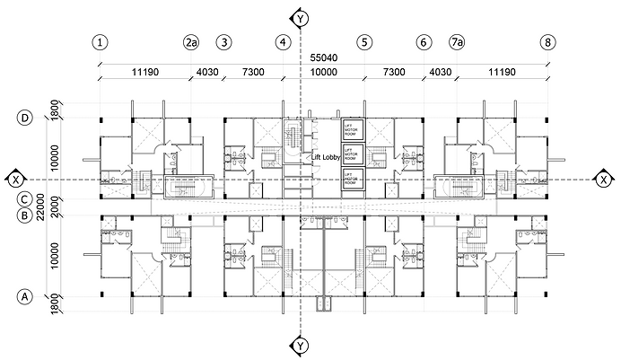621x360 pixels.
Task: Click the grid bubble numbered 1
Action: [100, 42]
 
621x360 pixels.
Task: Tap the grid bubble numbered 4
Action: [284, 42]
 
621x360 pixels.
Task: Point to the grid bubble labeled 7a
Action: [458, 42]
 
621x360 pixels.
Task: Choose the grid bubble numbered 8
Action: [548, 42]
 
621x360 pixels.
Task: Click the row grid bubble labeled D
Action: [27, 118]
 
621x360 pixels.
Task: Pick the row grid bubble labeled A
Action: [27, 295]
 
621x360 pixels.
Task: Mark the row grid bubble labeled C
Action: [27, 199]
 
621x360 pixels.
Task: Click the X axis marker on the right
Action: [604, 179]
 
